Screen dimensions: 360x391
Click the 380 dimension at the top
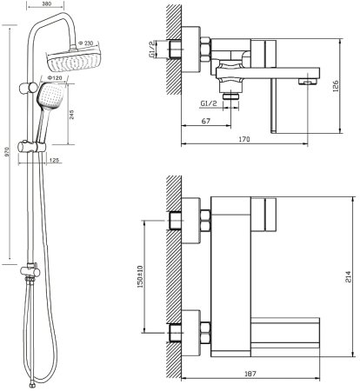click(x=46, y=3)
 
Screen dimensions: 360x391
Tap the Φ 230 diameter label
click(x=85, y=43)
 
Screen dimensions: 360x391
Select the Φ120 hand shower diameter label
click(x=55, y=77)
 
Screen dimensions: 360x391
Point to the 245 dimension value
click(x=72, y=114)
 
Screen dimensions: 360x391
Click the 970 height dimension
click(x=7, y=152)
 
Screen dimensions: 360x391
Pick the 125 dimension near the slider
click(x=54, y=160)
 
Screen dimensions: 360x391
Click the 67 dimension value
click(x=205, y=121)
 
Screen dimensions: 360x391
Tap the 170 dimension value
click(x=244, y=139)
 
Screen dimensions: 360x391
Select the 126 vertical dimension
click(x=336, y=86)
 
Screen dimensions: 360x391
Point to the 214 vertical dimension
click(x=348, y=276)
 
